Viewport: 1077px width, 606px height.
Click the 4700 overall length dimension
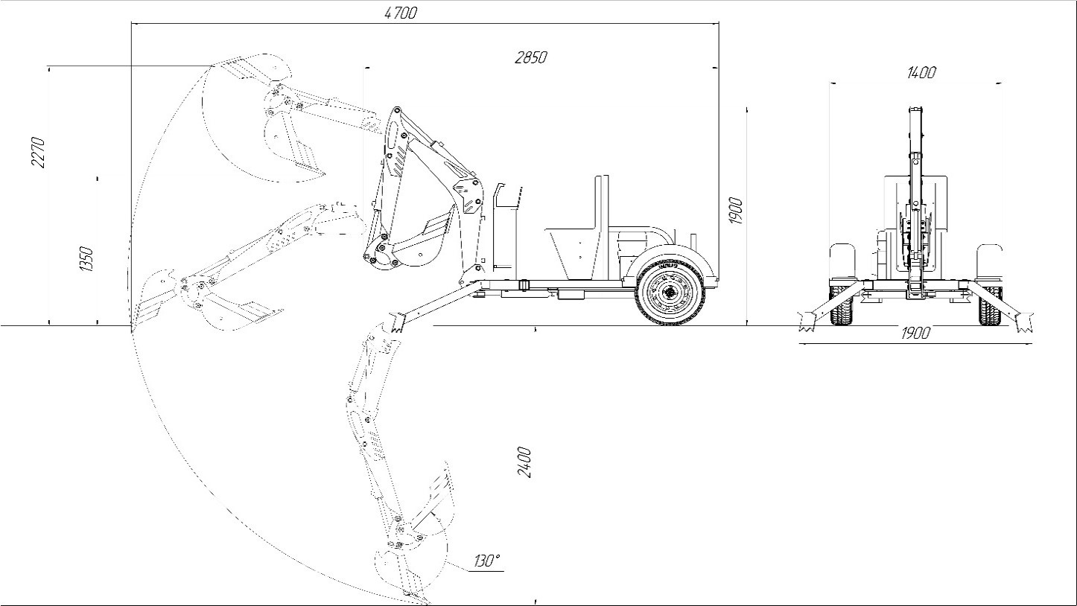pyautogui.click(x=400, y=13)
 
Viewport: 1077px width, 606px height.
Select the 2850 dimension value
pyautogui.click(x=531, y=57)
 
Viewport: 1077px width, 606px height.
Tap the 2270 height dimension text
pyautogui.click(x=39, y=153)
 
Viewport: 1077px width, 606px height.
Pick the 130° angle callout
pyautogui.click(x=487, y=561)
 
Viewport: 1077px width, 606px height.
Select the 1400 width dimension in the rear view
pyautogui.click(x=921, y=72)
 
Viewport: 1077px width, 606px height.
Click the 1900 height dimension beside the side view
pyautogui.click(x=736, y=211)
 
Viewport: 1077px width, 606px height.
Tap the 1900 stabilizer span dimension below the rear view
pyautogui.click(x=915, y=333)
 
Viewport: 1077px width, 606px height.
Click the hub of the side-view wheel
pyautogui.click(x=670, y=291)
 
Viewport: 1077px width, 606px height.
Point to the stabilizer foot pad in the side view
pyautogui.click(x=396, y=322)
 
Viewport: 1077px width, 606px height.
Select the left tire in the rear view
pyautogui.click(x=842, y=305)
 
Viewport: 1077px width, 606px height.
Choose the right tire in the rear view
pyautogui.click(x=990, y=305)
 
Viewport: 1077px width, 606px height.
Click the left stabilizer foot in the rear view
pyautogui.click(x=807, y=321)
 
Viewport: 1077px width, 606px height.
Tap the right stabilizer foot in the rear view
pyautogui.click(x=1023, y=321)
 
